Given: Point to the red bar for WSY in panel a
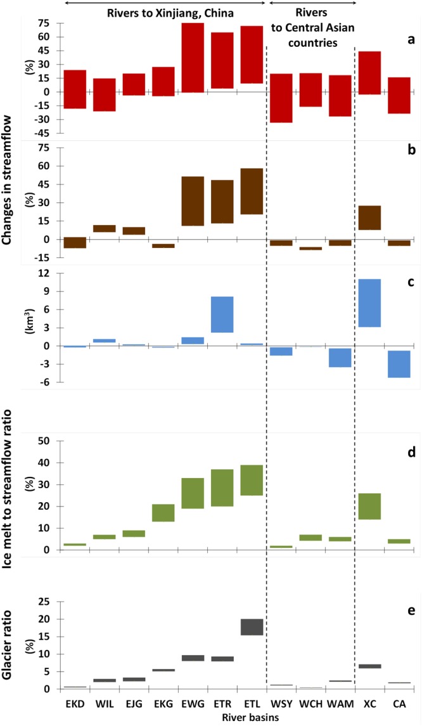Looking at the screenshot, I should point(281,98).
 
